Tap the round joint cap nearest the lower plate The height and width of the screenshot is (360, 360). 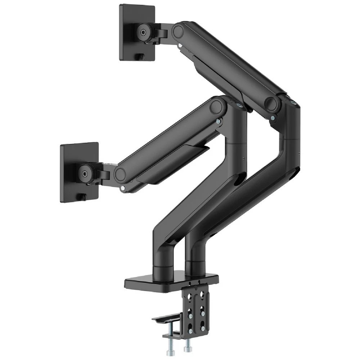coord(120,175)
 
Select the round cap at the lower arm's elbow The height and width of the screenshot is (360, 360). coord(217,107)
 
